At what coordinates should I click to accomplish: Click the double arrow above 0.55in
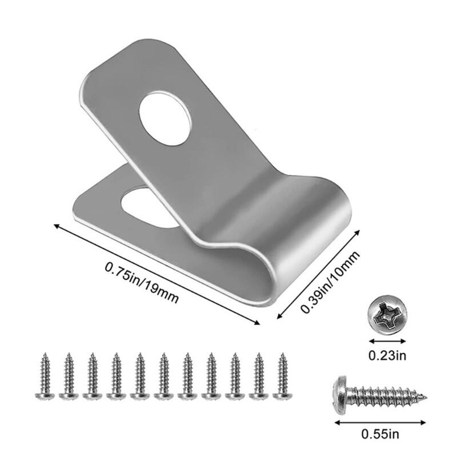(382, 422)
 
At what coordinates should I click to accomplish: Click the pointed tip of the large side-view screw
(430, 395)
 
